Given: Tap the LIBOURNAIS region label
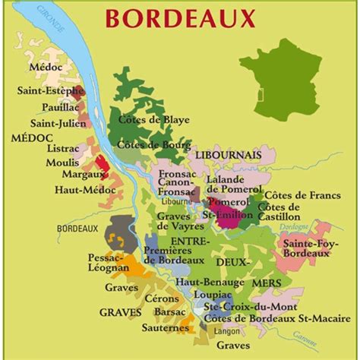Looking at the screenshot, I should pos(228,154).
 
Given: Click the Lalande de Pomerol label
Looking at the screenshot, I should pos(235,184).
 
